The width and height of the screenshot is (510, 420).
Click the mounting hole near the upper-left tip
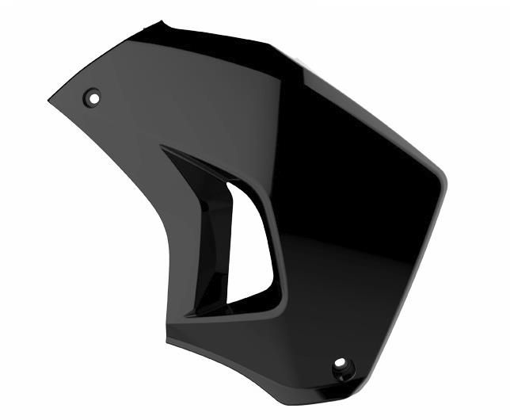pos(92,98)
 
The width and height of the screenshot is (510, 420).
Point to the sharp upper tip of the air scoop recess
pos(162,147)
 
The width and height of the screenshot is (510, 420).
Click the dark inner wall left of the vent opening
pos(212,238)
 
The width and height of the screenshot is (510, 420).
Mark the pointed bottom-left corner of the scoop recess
pos(188,315)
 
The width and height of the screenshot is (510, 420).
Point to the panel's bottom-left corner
pos(167,340)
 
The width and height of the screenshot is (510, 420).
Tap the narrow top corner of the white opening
pos(230,185)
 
